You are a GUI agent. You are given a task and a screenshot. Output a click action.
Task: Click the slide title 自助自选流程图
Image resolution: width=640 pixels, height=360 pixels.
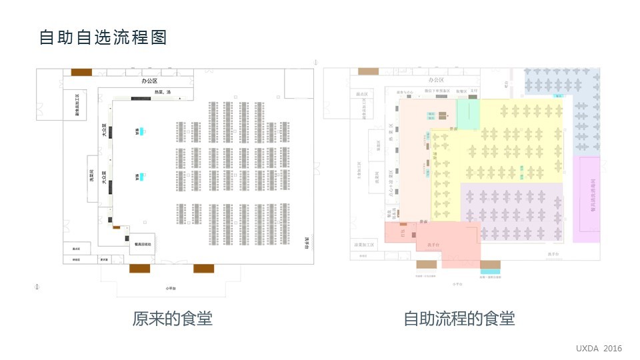tap(103, 37)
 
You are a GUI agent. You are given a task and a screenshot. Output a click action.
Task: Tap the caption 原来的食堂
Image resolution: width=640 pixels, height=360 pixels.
tap(172, 319)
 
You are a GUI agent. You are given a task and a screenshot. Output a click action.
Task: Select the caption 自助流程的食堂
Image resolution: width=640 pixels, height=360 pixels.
tap(459, 319)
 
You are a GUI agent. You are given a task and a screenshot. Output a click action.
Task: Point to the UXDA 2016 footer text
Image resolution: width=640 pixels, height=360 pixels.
tap(599, 349)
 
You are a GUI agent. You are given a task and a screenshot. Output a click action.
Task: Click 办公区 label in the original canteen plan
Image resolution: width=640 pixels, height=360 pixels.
tap(149, 81)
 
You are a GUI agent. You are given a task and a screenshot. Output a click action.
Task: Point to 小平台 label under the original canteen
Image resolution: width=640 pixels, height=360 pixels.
tap(172, 288)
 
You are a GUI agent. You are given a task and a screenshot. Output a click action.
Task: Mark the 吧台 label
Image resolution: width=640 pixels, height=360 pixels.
tap(507, 85)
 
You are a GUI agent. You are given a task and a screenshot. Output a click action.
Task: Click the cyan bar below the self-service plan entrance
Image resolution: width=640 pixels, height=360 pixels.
tap(491, 271)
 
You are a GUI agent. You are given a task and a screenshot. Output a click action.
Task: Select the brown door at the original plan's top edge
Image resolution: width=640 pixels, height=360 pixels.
tap(81, 72)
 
